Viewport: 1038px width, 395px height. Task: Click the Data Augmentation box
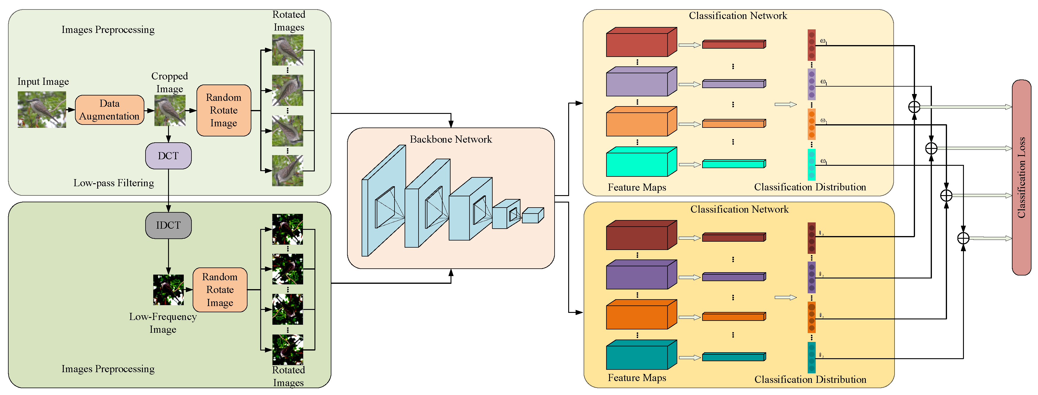pyautogui.click(x=109, y=110)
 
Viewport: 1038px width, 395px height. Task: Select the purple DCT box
pyautogui.click(x=168, y=156)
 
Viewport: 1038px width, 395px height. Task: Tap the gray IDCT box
pyautogui.click(x=168, y=225)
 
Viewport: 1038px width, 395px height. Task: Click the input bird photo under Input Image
pyautogui.click(x=41, y=110)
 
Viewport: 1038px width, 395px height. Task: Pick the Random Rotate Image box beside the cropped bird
pyautogui.click(x=224, y=110)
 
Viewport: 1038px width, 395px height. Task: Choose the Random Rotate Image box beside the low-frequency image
pyautogui.click(x=220, y=289)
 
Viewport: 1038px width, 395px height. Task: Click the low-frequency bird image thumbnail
pyautogui.click(x=168, y=289)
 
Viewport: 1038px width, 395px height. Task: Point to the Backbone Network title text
pyautogui.click(x=451, y=139)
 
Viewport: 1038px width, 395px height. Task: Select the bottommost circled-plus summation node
pyautogui.click(x=963, y=238)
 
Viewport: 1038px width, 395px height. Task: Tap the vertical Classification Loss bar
pyautogui.click(x=1021, y=177)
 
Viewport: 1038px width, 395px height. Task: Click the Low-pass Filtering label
pyautogui.click(x=113, y=183)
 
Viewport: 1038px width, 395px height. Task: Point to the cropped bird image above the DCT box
pyautogui.click(x=170, y=110)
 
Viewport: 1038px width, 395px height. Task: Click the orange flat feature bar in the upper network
pyautogui.click(x=733, y=124)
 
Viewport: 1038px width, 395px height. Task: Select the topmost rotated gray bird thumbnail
pyautogui.click(x=287, y=50)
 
